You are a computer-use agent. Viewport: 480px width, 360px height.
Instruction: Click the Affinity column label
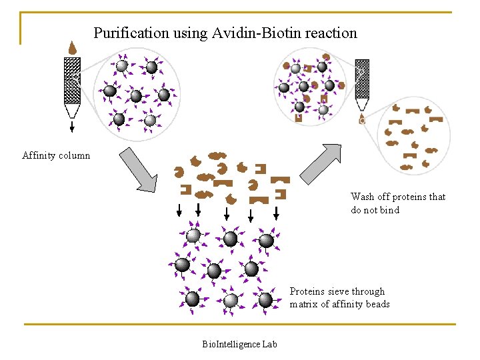tap(56, 156)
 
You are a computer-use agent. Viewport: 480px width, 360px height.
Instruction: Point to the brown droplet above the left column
tap(72, 48)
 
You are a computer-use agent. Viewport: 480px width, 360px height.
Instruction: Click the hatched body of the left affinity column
tap(72, 80)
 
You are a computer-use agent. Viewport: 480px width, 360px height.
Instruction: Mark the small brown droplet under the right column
tap(362, 121)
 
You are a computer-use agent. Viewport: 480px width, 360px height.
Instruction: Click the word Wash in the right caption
tap(363, 197)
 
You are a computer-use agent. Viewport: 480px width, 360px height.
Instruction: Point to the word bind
tap(389, 210)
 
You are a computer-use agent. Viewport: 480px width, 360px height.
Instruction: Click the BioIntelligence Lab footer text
tap(239, 344)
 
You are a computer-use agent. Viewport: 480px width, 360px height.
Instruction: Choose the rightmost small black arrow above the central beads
tap(276, 212)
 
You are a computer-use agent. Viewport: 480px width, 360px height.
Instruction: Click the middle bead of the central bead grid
tap(214, 271)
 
